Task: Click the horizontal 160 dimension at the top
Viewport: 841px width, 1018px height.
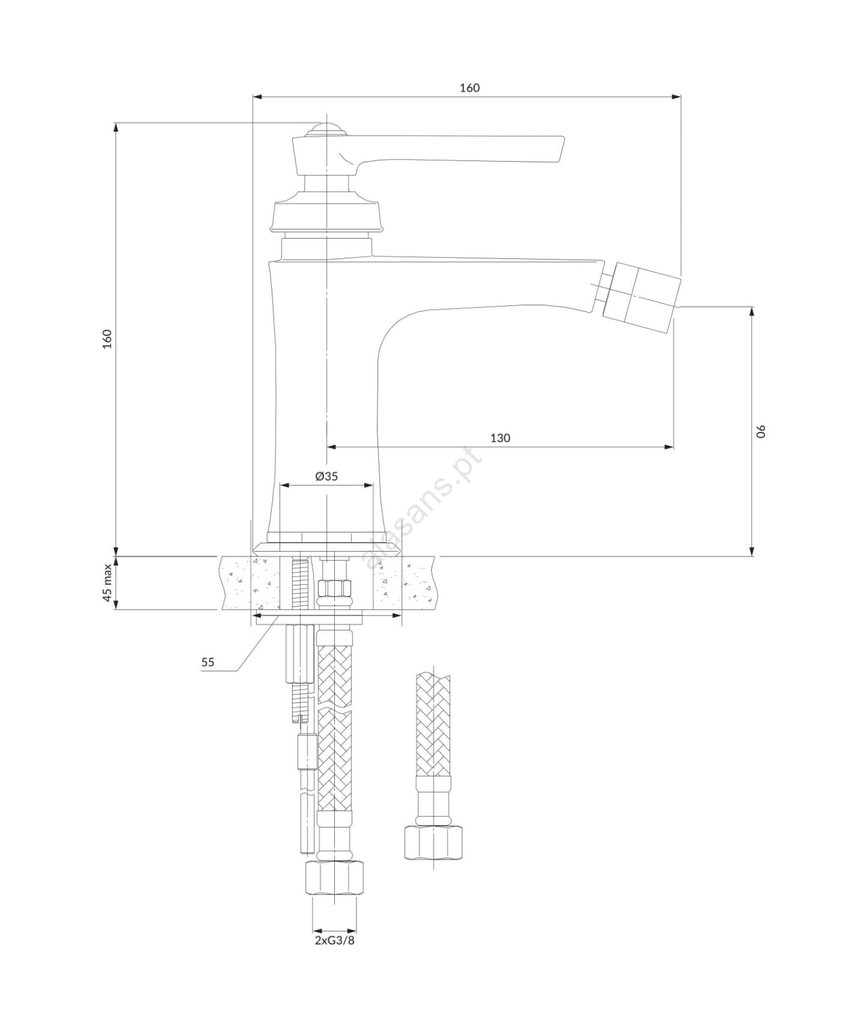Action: [x=470, y=88]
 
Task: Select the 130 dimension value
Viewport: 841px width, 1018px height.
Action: [x=500, y=438]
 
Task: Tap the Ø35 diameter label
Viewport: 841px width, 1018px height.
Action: [x=327, y=476]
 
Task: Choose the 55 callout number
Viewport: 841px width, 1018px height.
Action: [x=208, y=662]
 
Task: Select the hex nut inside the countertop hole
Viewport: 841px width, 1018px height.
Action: [x=335, y=589]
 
